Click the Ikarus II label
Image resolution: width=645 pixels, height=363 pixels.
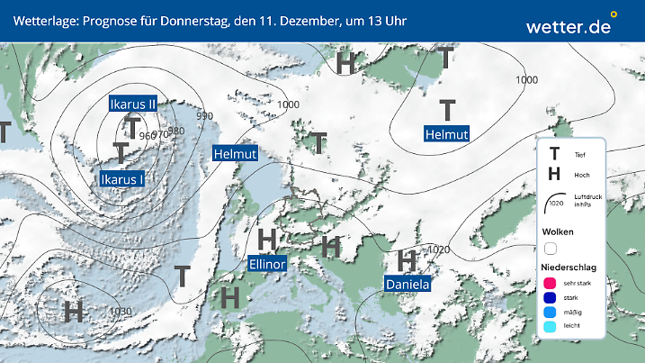pos(132,104)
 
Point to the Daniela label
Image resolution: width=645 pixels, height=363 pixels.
pos(408,285)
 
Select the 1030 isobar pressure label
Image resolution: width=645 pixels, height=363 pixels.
pos(121,312)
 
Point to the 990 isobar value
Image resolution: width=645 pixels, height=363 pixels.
pos(204,116)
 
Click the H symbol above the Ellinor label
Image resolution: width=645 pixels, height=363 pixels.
pos(266,240)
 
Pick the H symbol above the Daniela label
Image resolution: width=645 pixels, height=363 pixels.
pos(408,260)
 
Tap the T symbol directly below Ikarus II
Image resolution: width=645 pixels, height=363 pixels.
pos(133,127)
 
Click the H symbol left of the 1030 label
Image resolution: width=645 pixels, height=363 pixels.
pos(74,312)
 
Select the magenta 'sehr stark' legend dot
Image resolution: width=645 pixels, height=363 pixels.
pos(550,284)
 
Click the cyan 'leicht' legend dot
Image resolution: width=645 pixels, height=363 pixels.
pos(550,328)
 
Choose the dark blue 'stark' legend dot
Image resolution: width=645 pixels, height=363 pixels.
pos(550,298)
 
